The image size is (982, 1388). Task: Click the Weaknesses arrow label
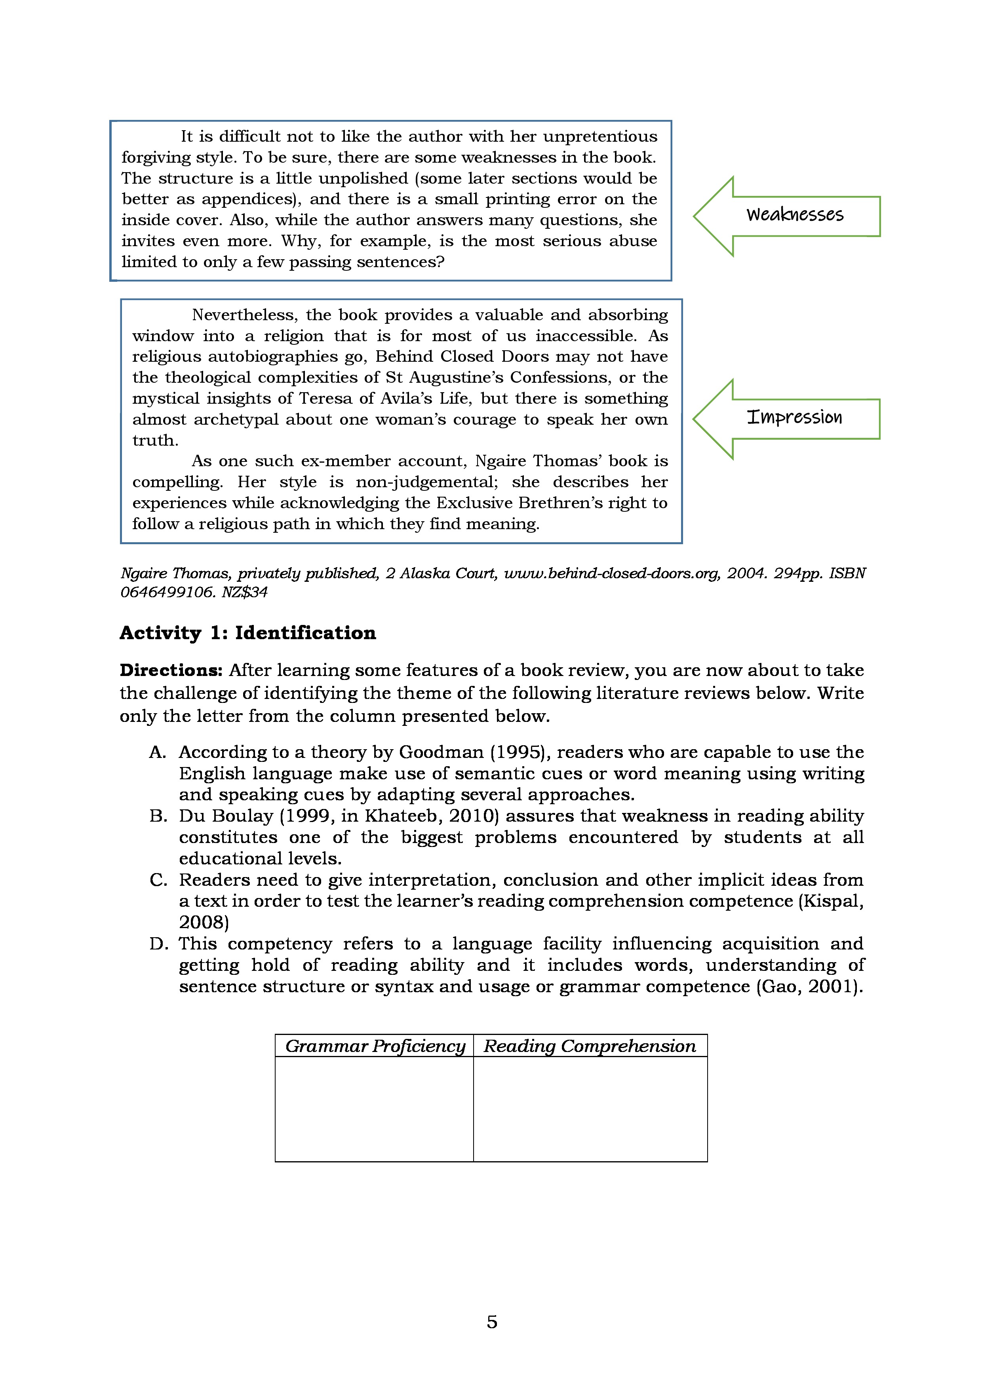pyautogui.click(x=795, y=215)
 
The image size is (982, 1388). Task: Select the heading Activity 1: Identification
pyautogui.click(x=247, y=633)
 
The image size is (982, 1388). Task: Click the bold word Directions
pyautogui.click(x=171, y=670)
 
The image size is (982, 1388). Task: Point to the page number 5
pyautogui.click(x=492, y=1322)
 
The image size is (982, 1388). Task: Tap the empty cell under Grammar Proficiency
pyautogui.click(x=374, y=1109)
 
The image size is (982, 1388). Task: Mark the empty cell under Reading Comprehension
pyautogui.click(x=590, y=1109)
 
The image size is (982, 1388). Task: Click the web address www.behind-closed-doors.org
pyautogui.click(x=612, y=573)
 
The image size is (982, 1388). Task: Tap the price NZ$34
pyautogui.click(x=244, y=592)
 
